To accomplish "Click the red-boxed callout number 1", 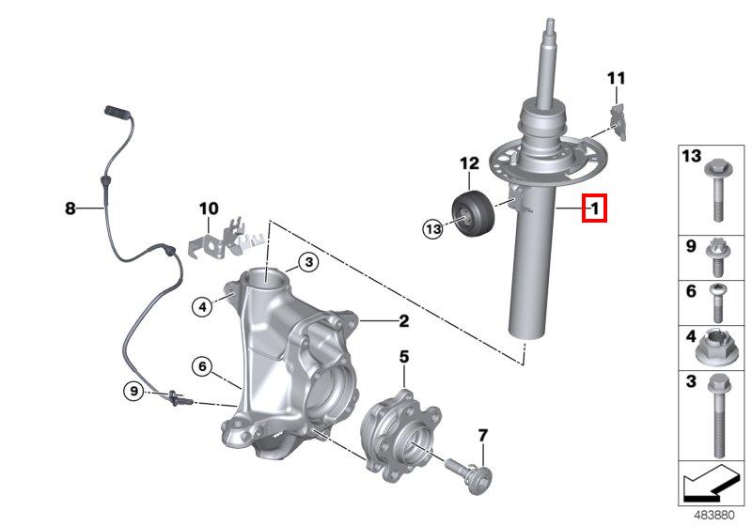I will (x=594, y=208).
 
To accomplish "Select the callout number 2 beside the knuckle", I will (x=403, y=321).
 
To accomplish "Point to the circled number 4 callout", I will (x=201, y=303).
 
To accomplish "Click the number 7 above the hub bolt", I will (x=482, y=435).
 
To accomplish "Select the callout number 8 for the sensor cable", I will (x=70, y=209).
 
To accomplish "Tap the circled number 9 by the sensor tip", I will (x=134, y=391).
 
